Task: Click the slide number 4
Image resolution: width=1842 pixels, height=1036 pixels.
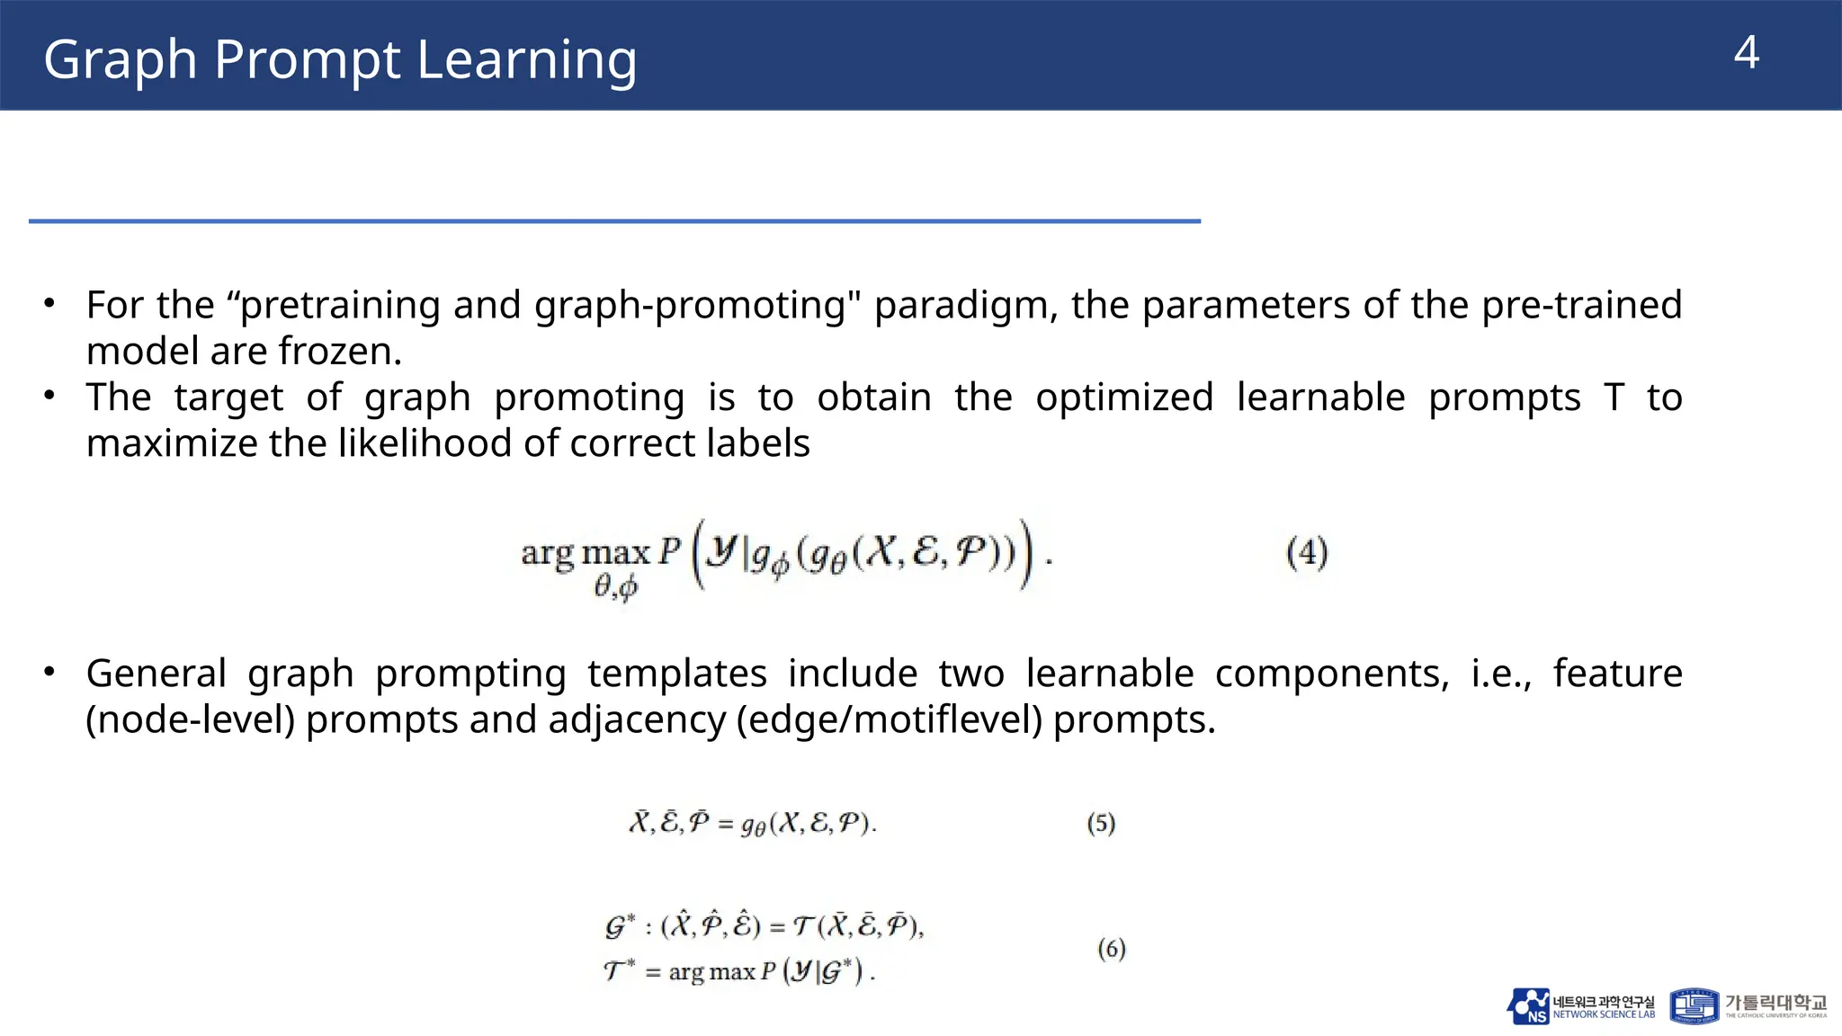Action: pyautogui.click(x=1746, y=53)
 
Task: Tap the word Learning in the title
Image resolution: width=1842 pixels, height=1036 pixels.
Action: pyautogui.click(x=527, y=60)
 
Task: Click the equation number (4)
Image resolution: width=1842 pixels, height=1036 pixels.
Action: pyautogui.click(x=1307, y=552)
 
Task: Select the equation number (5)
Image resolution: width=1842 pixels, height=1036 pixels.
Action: pyautogui.click(x=1101, y=823)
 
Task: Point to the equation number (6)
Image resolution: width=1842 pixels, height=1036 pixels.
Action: pyautogui.click(x=1112, y=949)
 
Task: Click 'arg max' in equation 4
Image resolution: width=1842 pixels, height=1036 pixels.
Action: pyautogui.click(x=586, y=551)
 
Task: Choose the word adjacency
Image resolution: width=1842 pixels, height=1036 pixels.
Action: pyautogui.click(x=636, y=719)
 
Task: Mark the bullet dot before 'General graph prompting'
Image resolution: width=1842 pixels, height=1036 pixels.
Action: pyautogui.click(x=50, y=672)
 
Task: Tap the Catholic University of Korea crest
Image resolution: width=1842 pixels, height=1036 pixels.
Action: pyautogui.click(x=1694, y=1006)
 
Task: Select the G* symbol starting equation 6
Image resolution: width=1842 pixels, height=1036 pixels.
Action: pyautogui.click(x=620, y=925)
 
